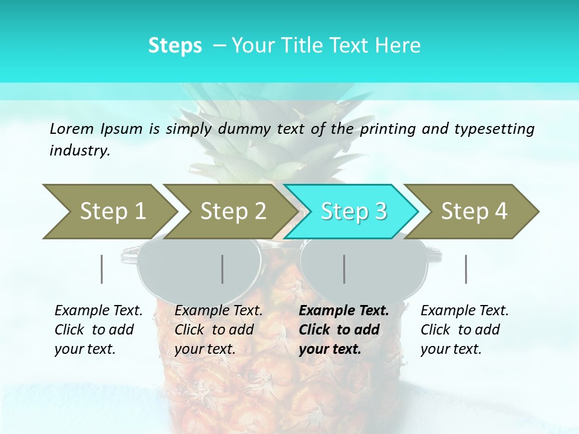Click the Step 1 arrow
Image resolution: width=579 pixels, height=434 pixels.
[109, 212]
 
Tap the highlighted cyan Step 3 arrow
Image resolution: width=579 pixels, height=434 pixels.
[352, 212]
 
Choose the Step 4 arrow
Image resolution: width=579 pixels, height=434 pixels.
[473, 212]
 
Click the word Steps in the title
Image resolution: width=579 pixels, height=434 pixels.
[175, 45]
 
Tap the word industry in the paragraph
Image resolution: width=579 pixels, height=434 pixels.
[79, 150]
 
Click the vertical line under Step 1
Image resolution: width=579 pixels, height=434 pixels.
[102, 269]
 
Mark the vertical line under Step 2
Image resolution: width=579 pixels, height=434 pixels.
[223, 269]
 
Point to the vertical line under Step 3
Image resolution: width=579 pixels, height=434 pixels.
[344, 269]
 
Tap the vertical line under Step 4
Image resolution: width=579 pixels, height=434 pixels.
[466, 269]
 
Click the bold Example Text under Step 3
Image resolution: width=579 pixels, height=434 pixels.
[344, 329]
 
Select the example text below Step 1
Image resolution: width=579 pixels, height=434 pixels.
[98, 329]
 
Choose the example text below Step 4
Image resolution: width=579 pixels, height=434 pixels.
[464, 329]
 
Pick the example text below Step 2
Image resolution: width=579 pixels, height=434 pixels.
[218, 329]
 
